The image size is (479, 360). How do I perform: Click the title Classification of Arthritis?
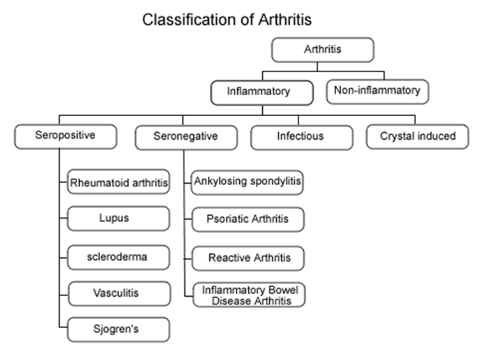pyautogui.click(x=227, y=20)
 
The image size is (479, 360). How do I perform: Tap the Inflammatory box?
pyautogui.click(x=262, y=91)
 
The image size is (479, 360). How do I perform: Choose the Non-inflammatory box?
pyautogui.click(x=378, y=91)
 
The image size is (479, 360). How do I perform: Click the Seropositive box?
pyautogui.click(x=66, y=136)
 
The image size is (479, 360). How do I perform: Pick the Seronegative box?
pyautogui.click(x=186, y=136)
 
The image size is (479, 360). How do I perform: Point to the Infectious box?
pyautogui.click(x=300, y=136)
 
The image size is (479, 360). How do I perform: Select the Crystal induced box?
pyautogui.click(x=417, y=136)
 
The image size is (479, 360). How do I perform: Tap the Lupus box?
pyautogui.click(x=119, y=218)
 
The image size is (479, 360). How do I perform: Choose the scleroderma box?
pyautogui.click(x=119, y=256)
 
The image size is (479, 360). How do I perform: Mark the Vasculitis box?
pyautogui.click(x=119, y=293)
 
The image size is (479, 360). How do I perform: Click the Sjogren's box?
pyautogui.click(x=119, y=330)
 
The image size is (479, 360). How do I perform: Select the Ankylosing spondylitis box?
pyautogui.click(x=247, y=182)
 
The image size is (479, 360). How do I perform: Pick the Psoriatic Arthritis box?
pyautogui.click(x=247, y=219)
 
